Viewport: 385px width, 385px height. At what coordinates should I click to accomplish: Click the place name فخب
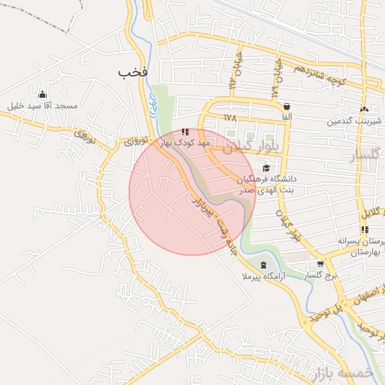[x=132, y=72]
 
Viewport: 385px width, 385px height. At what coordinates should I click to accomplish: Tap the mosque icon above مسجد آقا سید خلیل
[x=42, y=94]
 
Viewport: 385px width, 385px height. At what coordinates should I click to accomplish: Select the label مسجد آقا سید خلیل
[x=42, y=106]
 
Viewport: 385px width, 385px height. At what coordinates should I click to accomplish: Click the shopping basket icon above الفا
[x=287, y=107]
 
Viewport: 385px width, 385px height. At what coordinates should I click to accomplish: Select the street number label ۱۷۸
[x=229, y=118]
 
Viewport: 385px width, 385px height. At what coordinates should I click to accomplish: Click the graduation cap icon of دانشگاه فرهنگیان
[x=266, y=168]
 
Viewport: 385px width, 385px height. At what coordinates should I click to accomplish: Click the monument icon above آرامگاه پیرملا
[x=262, y=265]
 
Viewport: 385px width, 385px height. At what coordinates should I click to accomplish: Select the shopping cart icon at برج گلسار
[x=321, y=264]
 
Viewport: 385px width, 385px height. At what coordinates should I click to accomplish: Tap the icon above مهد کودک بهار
[x=185, y=132]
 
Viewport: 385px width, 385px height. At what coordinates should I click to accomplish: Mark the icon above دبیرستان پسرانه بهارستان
[x=365, y=229]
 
